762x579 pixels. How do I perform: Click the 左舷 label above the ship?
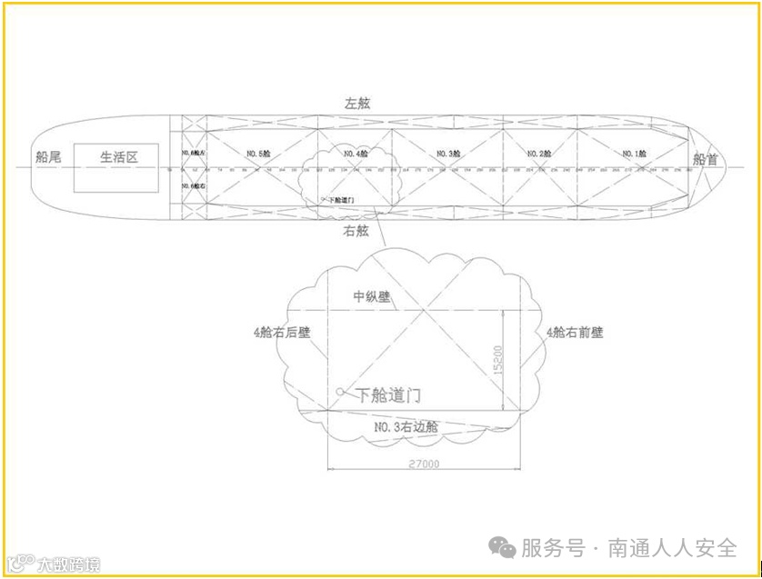pos(357,104)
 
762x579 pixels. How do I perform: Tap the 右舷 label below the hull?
pos(356,231)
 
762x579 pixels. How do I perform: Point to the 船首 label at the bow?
pos(705,159)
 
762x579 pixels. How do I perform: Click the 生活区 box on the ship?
pos(117,157)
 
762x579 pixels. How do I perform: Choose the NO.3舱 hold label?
pos(448,154)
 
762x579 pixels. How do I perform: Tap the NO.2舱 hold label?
pos(540,154)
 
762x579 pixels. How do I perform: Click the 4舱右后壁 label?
pos(282,332)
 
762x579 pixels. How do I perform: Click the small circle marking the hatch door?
pos(340,392)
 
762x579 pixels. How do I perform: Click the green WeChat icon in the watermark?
pos(502,546)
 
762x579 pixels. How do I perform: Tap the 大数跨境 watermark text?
pos(68,564)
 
